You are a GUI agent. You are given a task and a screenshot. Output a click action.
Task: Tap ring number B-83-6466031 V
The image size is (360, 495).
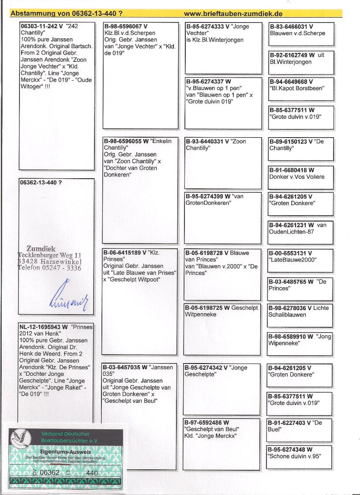(x=291, y=26)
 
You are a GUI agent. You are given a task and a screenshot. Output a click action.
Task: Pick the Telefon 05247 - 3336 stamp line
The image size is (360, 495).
(x=49, y=268)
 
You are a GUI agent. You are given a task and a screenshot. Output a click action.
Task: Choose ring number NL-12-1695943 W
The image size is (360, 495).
(x=43, y=327)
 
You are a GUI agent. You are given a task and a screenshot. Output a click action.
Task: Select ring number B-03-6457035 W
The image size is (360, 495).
(x=125, y=367)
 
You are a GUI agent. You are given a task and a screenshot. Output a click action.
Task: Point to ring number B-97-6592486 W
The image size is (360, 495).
(x=206, y=422)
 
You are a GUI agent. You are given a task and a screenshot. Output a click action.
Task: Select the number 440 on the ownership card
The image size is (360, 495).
(x=92, y=472)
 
